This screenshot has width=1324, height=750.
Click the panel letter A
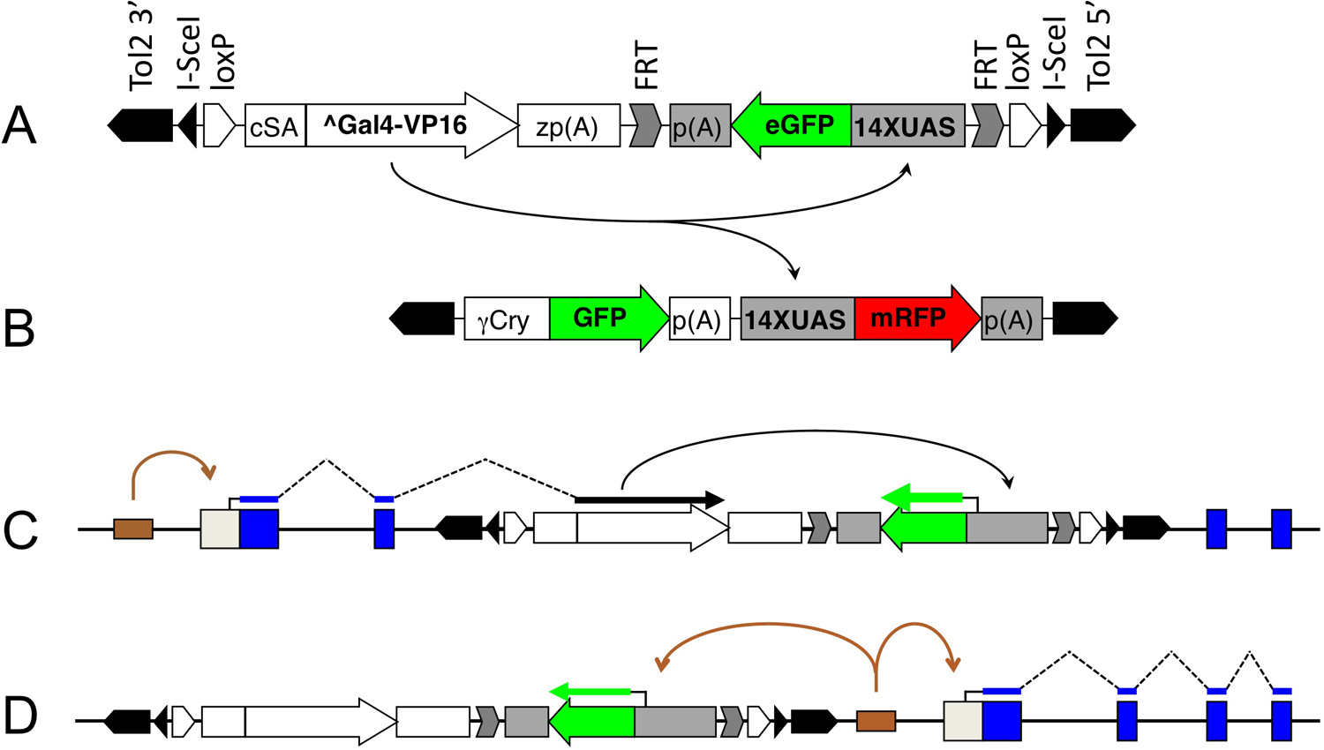19,125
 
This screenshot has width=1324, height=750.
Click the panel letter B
19,328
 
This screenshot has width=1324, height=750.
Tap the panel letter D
20,716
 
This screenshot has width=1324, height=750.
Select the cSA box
275,126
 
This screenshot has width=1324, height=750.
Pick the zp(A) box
568,126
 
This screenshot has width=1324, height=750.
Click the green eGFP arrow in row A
793,125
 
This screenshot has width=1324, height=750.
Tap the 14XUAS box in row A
906,126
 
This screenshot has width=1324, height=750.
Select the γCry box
506,319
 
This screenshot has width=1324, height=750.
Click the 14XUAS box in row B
796,319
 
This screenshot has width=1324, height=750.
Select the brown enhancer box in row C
133,529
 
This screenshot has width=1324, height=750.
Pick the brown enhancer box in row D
876,722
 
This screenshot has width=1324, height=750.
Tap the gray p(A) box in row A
700,126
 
